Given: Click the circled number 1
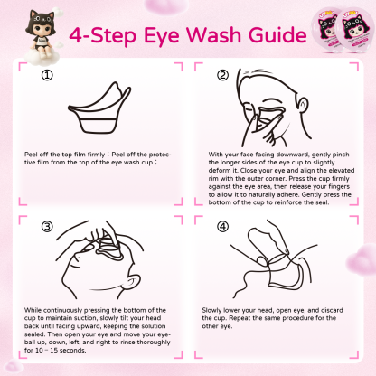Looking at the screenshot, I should point(47,76).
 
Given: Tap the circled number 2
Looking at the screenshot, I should point(221,76).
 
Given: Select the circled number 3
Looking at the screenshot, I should point(47,226).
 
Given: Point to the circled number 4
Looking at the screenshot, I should point(221,226).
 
